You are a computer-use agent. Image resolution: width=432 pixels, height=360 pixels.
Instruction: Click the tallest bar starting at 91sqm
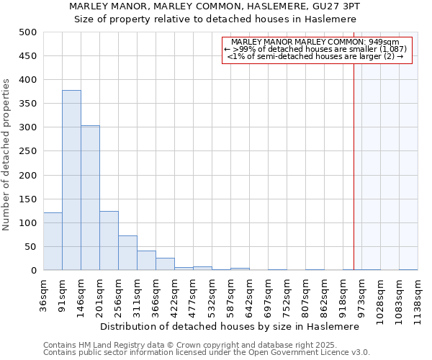pyautogui.click(x=71, y=180)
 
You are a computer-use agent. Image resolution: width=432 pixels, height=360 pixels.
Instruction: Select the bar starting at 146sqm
pyautogui.click(x=90, y=198)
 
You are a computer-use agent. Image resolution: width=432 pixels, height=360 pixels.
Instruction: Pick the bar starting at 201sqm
pyautogui.click(x=109, y=240)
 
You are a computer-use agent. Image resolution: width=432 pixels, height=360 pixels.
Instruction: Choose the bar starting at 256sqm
pyautogui.click(x=127, y=253)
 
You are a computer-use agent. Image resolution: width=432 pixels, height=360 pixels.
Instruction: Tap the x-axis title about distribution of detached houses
pyautogui.click(x=230, y=326)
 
